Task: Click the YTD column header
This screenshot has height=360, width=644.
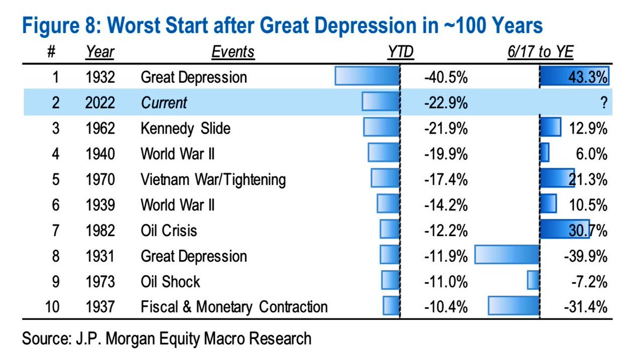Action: click(400, 52)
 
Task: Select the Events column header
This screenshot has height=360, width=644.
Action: click(233, 52)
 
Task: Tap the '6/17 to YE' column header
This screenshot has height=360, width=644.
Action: click(540, 52)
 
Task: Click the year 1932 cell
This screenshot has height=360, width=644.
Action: click(100, 77)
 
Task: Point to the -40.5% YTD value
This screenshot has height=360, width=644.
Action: click(446, 77)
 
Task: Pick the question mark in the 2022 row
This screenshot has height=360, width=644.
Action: click(604, 102)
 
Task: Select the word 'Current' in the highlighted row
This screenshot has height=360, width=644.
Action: click(164, 102)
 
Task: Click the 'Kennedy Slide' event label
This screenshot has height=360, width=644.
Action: click(186, 128)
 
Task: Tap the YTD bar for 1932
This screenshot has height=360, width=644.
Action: click(367, 76)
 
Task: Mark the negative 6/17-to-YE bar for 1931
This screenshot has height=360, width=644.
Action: click(507, 254)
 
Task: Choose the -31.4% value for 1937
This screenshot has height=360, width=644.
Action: click(586, 307)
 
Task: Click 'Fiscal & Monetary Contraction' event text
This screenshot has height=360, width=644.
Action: click(234, 307)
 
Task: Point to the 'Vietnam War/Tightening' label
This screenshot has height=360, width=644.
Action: click(213, 180)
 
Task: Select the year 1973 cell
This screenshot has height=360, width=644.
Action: click(100, 282)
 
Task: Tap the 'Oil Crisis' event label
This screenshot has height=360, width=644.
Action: click(169, 231)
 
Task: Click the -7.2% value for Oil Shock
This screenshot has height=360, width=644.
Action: click(589, 282)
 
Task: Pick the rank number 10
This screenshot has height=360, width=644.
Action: click(53, 307)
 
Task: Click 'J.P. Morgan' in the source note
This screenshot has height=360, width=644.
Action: click(115, 339)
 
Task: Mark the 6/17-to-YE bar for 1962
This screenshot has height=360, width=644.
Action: click(550, 127)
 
